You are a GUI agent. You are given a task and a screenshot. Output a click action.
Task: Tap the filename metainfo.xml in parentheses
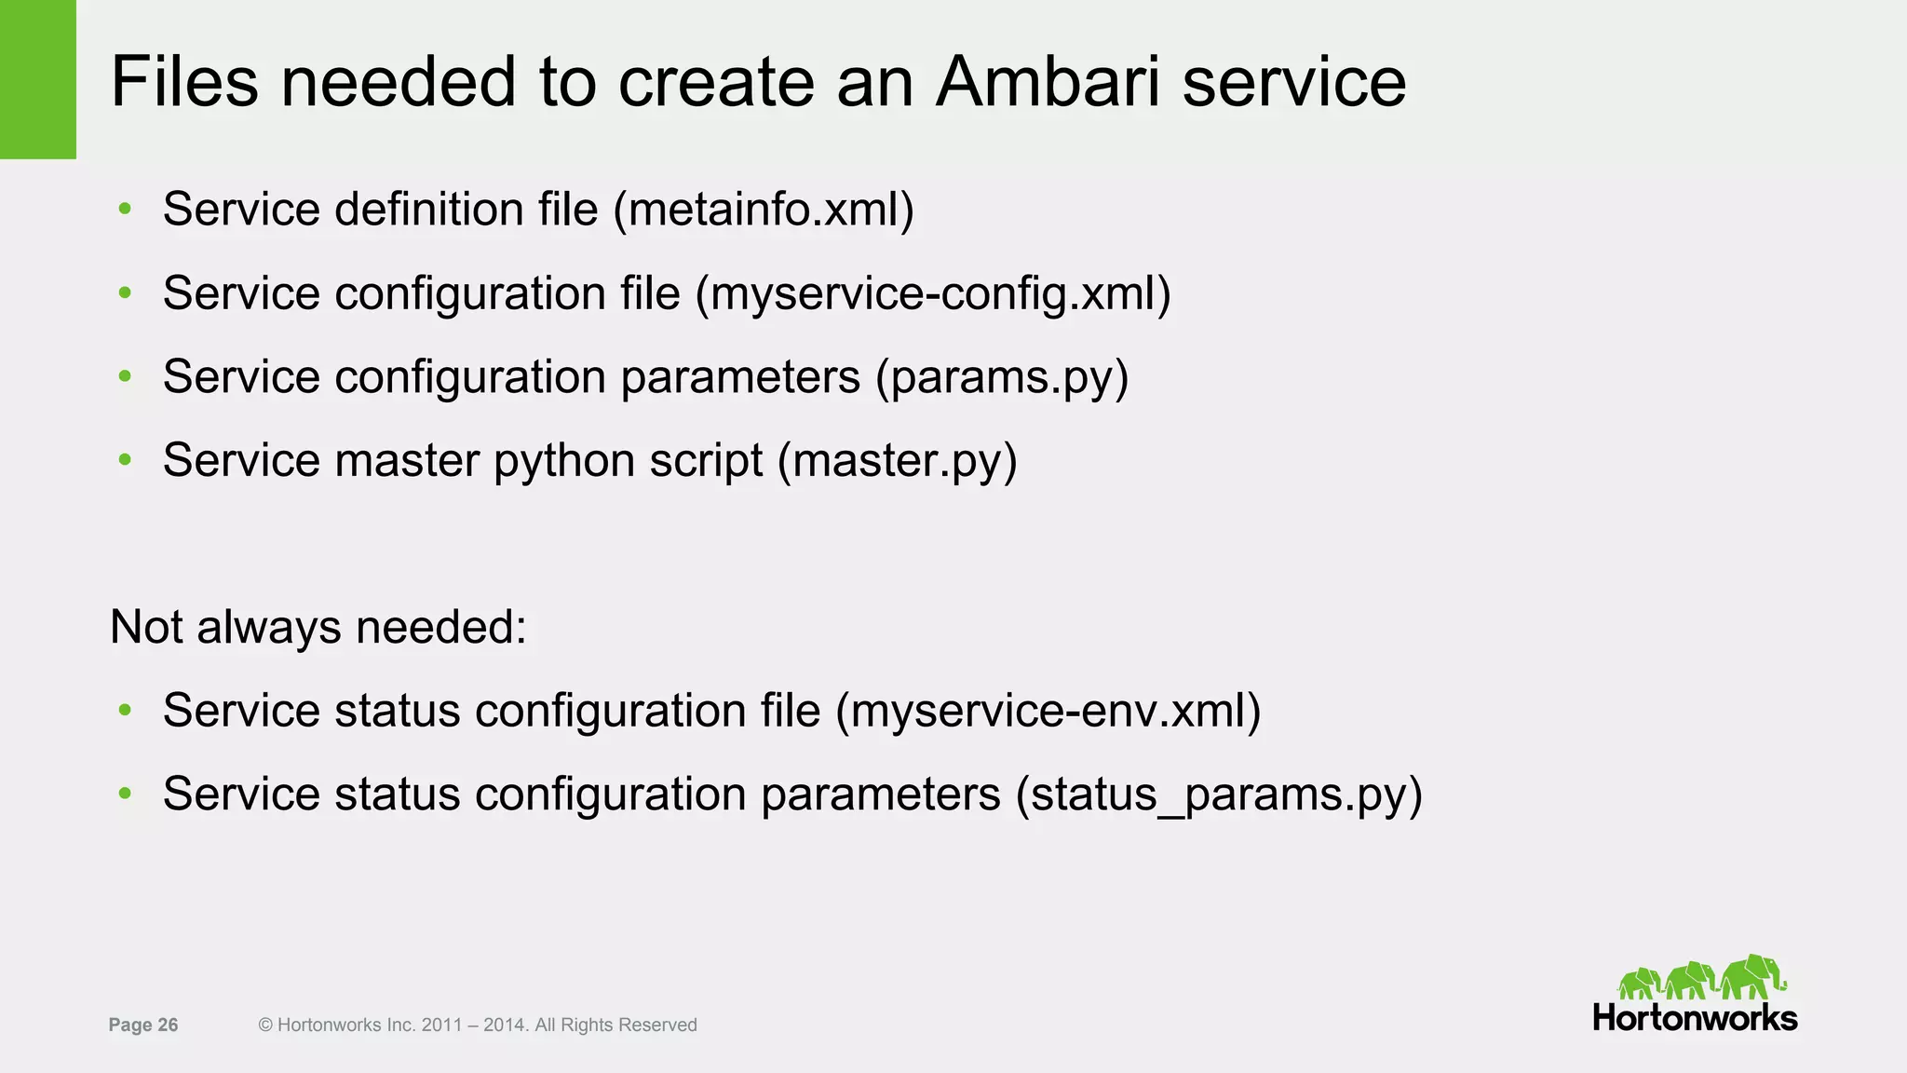[764, 209]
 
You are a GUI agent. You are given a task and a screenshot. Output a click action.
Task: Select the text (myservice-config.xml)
[933, 293]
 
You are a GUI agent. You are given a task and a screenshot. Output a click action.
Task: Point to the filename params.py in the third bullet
[1002, 377]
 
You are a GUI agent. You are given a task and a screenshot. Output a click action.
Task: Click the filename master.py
[898, 460]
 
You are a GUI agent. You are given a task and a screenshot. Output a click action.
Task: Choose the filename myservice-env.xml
[1048, 711]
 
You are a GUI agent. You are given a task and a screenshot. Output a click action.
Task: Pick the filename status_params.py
[1219, 795]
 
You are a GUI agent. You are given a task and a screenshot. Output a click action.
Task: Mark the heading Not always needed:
[318, 627]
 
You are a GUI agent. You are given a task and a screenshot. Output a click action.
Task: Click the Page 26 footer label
[143, 1025]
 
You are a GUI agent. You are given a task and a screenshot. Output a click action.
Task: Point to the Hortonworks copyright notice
[478, 1025]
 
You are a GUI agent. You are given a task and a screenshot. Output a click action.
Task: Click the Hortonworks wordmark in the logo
[1695, 1018]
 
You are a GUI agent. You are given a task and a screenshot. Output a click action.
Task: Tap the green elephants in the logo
[1701, 978]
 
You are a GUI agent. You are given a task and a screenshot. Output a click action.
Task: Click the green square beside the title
[37, 79]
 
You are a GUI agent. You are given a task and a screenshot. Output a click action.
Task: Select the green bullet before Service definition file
[125, 209]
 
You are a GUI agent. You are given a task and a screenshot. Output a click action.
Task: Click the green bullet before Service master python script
[125, 460]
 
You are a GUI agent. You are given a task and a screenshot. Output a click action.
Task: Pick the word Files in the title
[184, 82]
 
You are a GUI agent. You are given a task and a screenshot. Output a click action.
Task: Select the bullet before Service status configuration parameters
[125, 795]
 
